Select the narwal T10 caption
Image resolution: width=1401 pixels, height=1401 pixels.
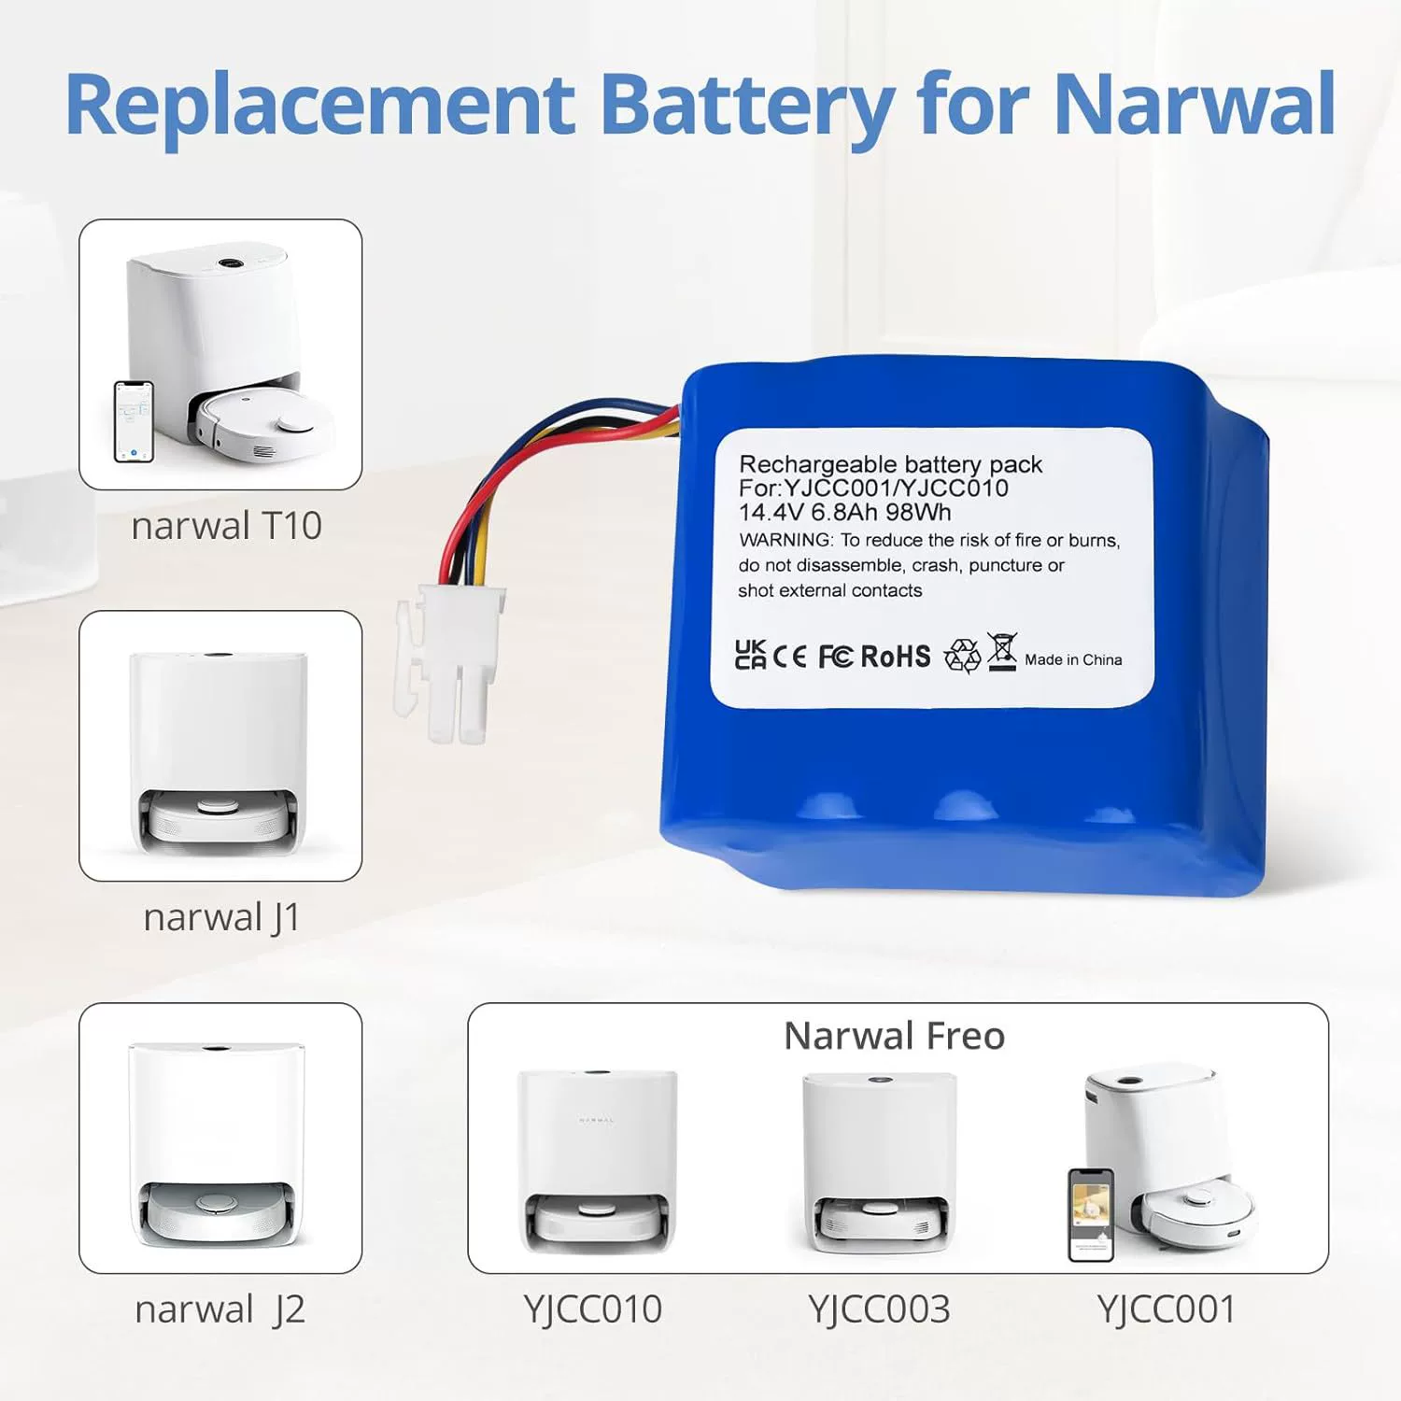point(226,526)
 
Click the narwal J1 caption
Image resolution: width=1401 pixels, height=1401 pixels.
point(222,917)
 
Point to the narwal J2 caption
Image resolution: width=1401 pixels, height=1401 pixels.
point(220,1309)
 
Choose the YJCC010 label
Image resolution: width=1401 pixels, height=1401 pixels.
point(592,1309)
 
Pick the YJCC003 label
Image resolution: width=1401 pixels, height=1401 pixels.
point(879,1309)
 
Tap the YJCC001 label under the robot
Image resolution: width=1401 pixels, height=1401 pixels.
point(1167,1309)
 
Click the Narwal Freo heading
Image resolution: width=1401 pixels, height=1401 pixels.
point(894,1036)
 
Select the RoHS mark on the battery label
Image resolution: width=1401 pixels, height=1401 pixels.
point(895,657)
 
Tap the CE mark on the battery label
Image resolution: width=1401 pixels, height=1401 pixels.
point(790,657)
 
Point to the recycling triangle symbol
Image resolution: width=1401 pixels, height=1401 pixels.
point(962,656)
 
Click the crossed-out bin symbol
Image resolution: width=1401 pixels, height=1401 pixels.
point(1001,652)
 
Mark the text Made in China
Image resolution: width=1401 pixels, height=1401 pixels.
point(1073,659)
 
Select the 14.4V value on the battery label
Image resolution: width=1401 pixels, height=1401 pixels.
point(771,513)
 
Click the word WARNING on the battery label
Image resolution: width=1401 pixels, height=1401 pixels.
point(785,540)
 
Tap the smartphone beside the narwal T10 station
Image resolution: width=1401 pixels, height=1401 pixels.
point(134,421)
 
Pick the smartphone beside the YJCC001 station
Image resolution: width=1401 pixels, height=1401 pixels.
point(1091,1214)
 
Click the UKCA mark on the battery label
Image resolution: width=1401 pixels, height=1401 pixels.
point(750,655)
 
